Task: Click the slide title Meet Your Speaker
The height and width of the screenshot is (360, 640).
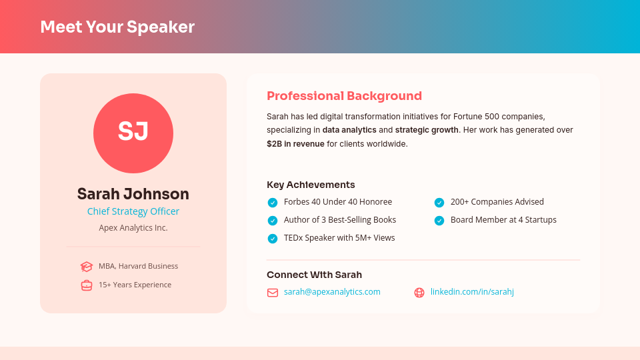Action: (x=117, y=27)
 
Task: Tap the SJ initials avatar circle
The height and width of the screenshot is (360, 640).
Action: (x=133, y=133)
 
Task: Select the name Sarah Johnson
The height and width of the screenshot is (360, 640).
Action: (x=133, y=194)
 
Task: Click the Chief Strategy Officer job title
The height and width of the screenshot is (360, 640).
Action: (x=133, y=211)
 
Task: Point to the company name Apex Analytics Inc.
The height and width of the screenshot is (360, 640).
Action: (x=133, y=228)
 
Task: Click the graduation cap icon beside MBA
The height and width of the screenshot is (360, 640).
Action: (x=87, y=267)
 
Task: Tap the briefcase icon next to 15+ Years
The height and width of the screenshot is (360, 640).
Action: (x=87, y=285)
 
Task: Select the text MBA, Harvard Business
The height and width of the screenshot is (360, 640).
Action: (x=138, y=266)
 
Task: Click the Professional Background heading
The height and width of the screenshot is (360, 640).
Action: (x=344, y=96)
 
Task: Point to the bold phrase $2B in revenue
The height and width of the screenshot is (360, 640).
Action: (x=295, y=144)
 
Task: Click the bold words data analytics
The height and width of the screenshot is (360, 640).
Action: (x=349, y=130)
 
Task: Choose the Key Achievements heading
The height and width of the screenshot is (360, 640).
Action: (x=311, y=185)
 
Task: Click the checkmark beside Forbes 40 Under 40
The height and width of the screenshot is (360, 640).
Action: (x=273, y=203)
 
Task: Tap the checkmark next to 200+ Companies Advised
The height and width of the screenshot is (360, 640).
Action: (x=439, y=203)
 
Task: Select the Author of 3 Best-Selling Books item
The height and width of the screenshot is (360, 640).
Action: (x=340, y=220)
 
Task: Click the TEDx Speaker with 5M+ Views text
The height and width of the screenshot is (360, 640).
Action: (x=339, y=238)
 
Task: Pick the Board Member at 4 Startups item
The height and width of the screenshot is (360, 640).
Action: (x=503, y=220)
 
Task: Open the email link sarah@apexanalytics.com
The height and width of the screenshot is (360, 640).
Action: (x=332, y=292)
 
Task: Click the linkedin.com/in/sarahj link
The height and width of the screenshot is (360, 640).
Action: (x=472, y=292)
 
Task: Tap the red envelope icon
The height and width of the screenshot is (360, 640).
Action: (x=273, y=293)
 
